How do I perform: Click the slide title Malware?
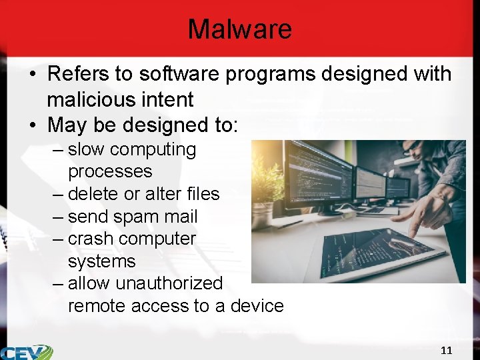pyautogui.click(x=239, y=29)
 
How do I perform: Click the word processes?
pyautogui.click(x=110, y=171)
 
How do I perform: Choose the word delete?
pyautogui.click(x=93, y=194)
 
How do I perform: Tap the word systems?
pyautogui.click(x=101, y=261)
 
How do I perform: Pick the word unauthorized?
pyautogui.click(x=169, y=283)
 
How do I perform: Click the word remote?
pyautogui.click(x=97, y=306)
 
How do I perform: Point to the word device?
pyautogui.click(x=257, y=306)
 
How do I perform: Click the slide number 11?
pyautogui.click(x=447, y=350)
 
